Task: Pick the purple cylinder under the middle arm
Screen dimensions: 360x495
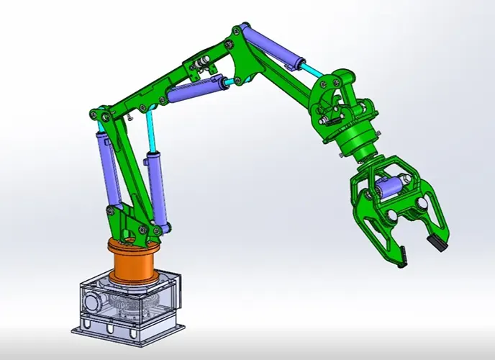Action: (193, 92)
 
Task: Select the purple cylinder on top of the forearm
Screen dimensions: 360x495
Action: (268, 49)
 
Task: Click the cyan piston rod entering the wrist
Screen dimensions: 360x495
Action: (314, 71)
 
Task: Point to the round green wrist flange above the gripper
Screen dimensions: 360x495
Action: (357, 147)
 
